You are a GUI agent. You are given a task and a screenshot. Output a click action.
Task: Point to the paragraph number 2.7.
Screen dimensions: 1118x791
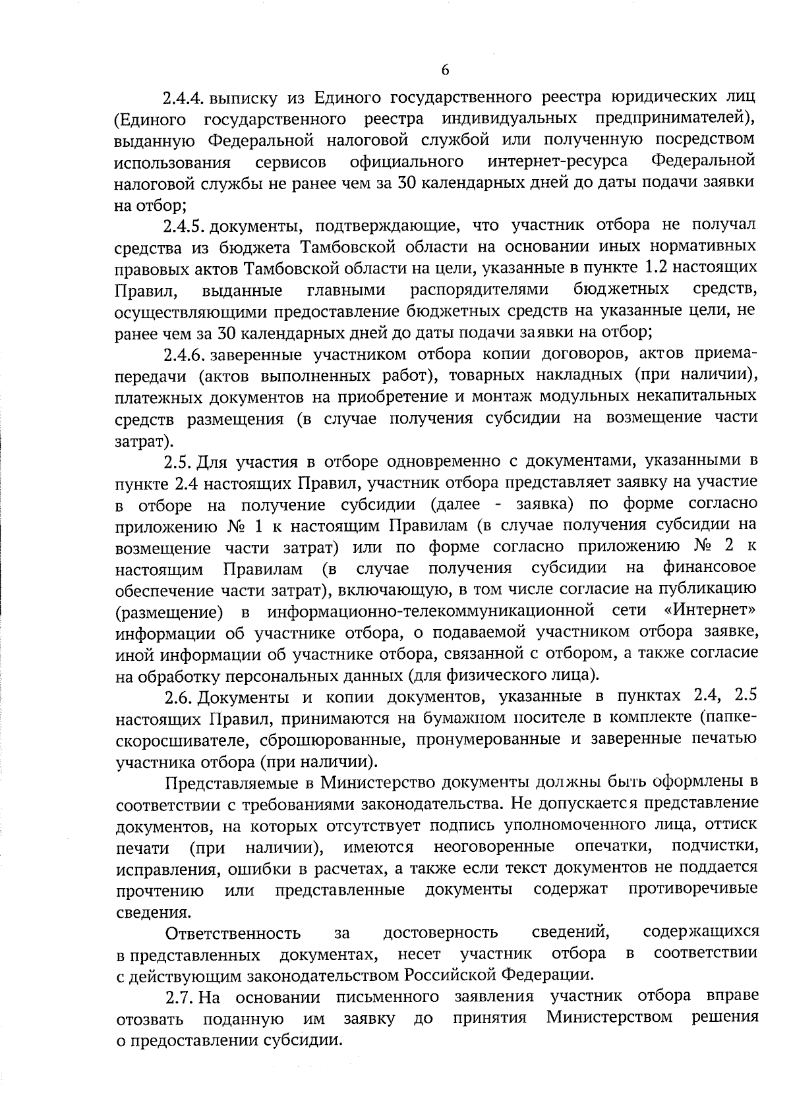tap(179, 995)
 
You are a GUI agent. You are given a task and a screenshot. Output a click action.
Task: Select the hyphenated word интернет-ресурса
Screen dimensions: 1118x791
tap(558, 162)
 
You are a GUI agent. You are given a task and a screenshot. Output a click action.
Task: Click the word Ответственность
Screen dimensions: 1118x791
tap(233, 933)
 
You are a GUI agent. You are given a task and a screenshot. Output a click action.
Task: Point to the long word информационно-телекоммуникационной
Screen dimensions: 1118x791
tap(432, 610)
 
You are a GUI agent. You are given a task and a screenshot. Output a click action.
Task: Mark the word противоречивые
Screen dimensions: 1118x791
tap(693, 890)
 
